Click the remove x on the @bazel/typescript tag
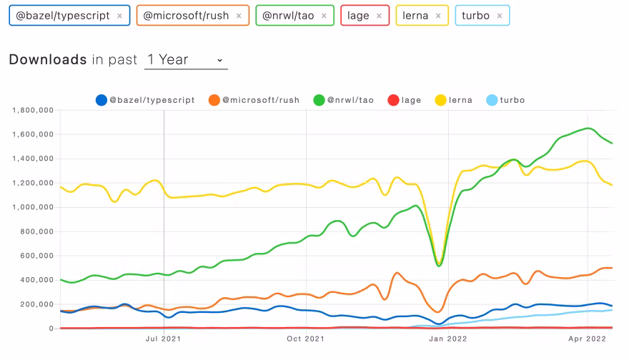tap(119, 15)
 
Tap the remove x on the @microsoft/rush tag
tap(239, 15)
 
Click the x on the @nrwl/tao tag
tap(324, 15)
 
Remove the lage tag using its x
tap(379, 15)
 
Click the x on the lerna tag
tap(437, 15)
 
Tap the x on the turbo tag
tap(499, 15)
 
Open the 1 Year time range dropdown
tap(185, 60)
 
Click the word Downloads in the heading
tap(48, 60)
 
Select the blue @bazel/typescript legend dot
tap(101, 100)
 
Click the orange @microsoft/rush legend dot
tap(214, 100)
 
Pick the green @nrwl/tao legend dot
tap(319, 100)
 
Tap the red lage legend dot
tap(392, 100)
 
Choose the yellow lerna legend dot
tap(440, 100)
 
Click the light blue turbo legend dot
tap(491, 100)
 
